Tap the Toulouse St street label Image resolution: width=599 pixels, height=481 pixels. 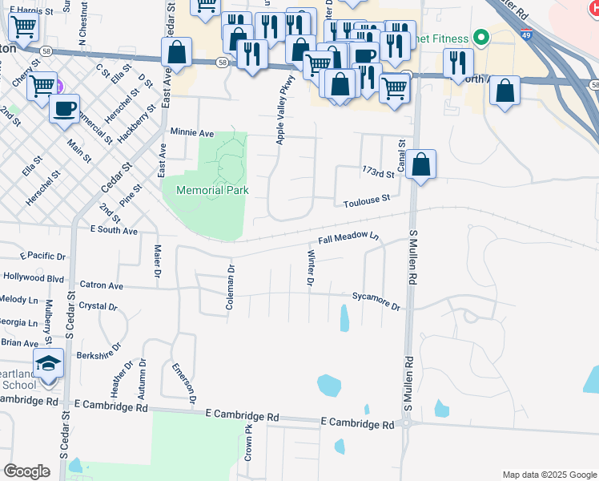(367, 200)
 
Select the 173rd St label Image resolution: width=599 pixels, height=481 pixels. (379, 172)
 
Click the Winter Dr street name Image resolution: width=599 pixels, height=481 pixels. (310, 268)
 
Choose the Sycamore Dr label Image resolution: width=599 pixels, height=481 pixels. (376, 301)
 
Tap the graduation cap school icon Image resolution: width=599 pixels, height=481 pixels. (48, 364)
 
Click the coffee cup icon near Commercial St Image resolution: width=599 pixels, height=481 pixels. (64, 108)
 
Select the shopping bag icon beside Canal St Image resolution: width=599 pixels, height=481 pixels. (420, 165)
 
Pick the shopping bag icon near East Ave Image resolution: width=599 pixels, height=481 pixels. (177, 53)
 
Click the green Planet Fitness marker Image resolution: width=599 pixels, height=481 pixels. (480, 37)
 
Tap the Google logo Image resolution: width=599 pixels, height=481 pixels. (26, 471)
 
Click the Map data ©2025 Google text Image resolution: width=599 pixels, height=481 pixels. (549, 475)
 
